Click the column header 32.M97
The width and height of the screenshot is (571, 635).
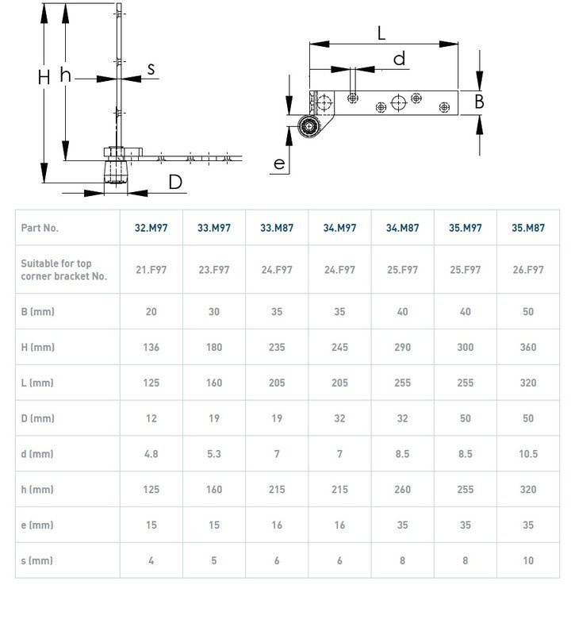[151, 228]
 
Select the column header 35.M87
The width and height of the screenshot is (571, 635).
[528, 228]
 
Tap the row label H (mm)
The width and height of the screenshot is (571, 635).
[37, 347]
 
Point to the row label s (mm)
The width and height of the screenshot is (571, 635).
[36, 560]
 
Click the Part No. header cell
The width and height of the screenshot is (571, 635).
[40, 228]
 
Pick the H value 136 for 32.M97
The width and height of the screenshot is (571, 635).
[151, 347]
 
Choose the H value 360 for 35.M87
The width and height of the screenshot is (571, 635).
[528, 347]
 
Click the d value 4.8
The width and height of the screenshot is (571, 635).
[151, 454]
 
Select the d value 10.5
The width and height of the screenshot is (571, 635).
[528, 454]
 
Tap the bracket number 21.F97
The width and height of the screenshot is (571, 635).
[151, 270]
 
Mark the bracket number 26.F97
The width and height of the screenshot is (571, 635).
[528, 270]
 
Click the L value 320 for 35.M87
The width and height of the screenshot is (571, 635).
[528, 383]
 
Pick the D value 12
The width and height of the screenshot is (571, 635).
[151, 418]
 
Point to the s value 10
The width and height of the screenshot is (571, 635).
[528, 560]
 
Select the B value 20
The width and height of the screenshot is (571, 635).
[151, 312]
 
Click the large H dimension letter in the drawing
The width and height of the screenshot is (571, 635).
[44, 77]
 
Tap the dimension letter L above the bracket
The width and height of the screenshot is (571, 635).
[381, 33]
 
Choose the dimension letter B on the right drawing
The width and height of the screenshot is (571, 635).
[479, 102]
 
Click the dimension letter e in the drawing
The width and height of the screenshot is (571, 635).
[278, 164]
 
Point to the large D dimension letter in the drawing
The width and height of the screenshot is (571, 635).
[175, 183]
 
